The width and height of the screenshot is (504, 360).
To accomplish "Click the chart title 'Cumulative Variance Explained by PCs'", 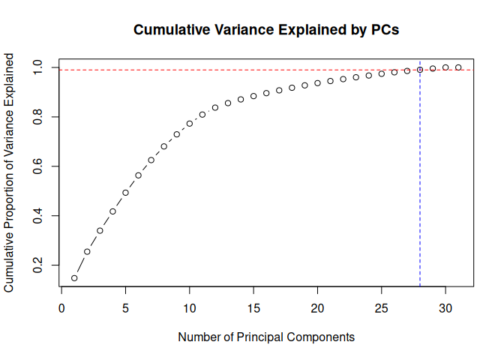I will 265,31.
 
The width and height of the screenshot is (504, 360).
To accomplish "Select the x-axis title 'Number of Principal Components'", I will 265,337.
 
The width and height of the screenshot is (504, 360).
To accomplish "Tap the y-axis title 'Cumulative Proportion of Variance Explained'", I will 10,172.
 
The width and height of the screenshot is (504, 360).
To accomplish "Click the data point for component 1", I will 74,278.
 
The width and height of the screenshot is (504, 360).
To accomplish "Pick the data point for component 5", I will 125,193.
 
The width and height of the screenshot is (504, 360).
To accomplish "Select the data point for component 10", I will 190,124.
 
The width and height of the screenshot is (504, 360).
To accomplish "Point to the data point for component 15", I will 253,96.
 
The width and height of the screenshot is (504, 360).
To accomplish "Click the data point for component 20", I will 317,82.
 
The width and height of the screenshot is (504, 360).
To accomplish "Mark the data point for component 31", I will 458,67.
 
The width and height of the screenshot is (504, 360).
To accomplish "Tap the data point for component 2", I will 87,251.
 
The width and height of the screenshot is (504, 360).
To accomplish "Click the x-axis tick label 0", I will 61,307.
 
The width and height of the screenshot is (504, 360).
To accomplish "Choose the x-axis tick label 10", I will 190,307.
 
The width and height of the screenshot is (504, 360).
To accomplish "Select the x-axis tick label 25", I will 382,307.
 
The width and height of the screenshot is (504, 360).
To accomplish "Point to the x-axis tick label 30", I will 445,307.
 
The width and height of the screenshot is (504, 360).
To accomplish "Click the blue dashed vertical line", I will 420,187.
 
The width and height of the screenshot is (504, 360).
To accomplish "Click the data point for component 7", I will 151,160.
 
